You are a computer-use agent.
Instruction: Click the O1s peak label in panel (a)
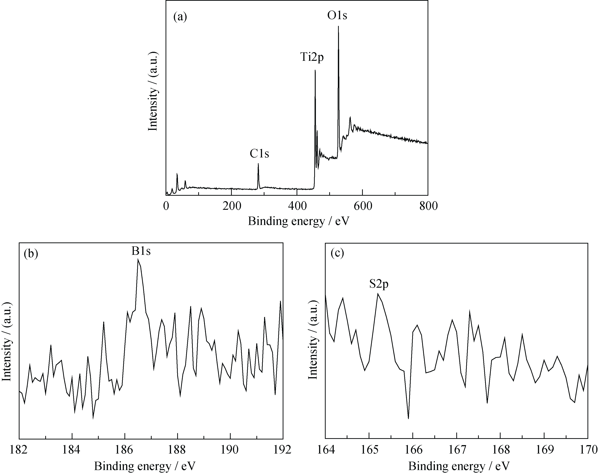click(x=337, y=16)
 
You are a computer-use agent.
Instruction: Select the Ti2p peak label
click(x=312, y=57)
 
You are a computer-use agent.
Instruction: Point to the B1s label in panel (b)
click(x=141, y=251)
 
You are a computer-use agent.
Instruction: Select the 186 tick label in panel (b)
click(x=125, y=450)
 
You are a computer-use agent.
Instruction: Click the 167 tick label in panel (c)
click(x=456, y=450)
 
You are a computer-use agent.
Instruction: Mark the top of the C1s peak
click(x=258, y=164)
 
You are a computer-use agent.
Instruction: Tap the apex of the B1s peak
click(x=138, y=259)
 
